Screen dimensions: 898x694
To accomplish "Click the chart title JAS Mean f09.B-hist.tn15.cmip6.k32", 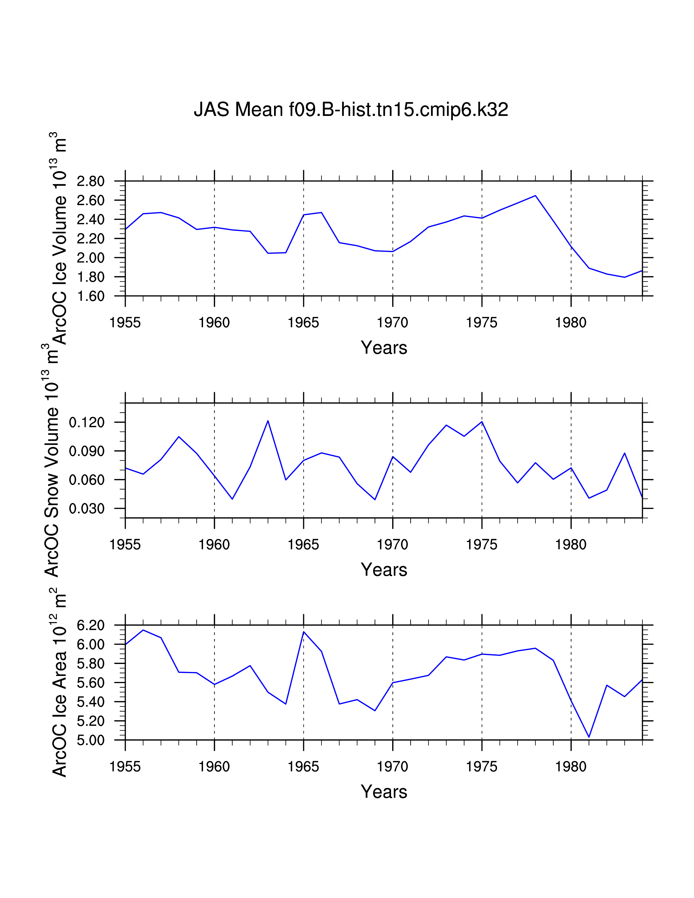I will pyautogui.click(x=351, y=110).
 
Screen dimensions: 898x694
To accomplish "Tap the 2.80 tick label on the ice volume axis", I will pyautogui.click(x=90, y=181).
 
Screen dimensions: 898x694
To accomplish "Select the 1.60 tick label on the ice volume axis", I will pyautogui.click(x=90, y=296).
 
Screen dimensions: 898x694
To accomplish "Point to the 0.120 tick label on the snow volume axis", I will pyautogui.click(x=87, y=422).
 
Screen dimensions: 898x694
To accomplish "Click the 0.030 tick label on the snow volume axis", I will pyautogui.click(x=87, y=509).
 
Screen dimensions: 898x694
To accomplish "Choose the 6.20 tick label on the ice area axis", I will pyautogui.click(x=90, y=625).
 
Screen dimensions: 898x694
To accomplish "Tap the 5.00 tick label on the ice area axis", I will pyautogui.click(x=90, y=740).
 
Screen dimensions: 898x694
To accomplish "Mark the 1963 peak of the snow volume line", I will pyautogui.click(x=268, y=421).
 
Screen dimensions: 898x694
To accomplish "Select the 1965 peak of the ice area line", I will pyautogui.click(x=303, y=632).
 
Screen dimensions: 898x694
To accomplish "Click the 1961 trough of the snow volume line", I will pyautogui.click(x=232, y=499).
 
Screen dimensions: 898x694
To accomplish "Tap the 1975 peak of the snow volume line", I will pyautogui.click(x=482, y=422).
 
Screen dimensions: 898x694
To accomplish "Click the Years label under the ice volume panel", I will pyautogui.click(x=383, y=348).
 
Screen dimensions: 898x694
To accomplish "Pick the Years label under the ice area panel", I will pyautogui.click(x=383, y=792).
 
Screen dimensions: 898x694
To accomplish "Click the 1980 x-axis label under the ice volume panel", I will pyautogui.click(x=571, y=323).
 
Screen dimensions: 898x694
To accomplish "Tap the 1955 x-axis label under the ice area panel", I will pyautogui.click(x=125, y=767).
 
